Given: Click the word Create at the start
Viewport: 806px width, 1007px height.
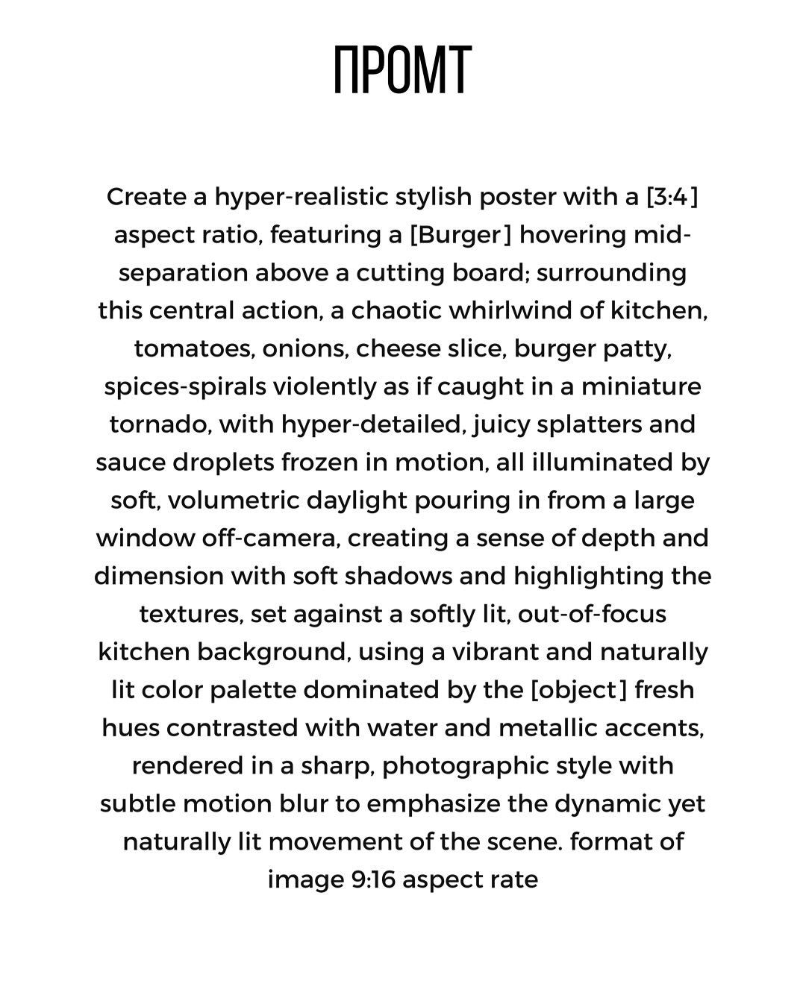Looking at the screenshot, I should [146, 197].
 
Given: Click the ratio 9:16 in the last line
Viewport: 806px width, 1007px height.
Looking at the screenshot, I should [375, 880].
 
